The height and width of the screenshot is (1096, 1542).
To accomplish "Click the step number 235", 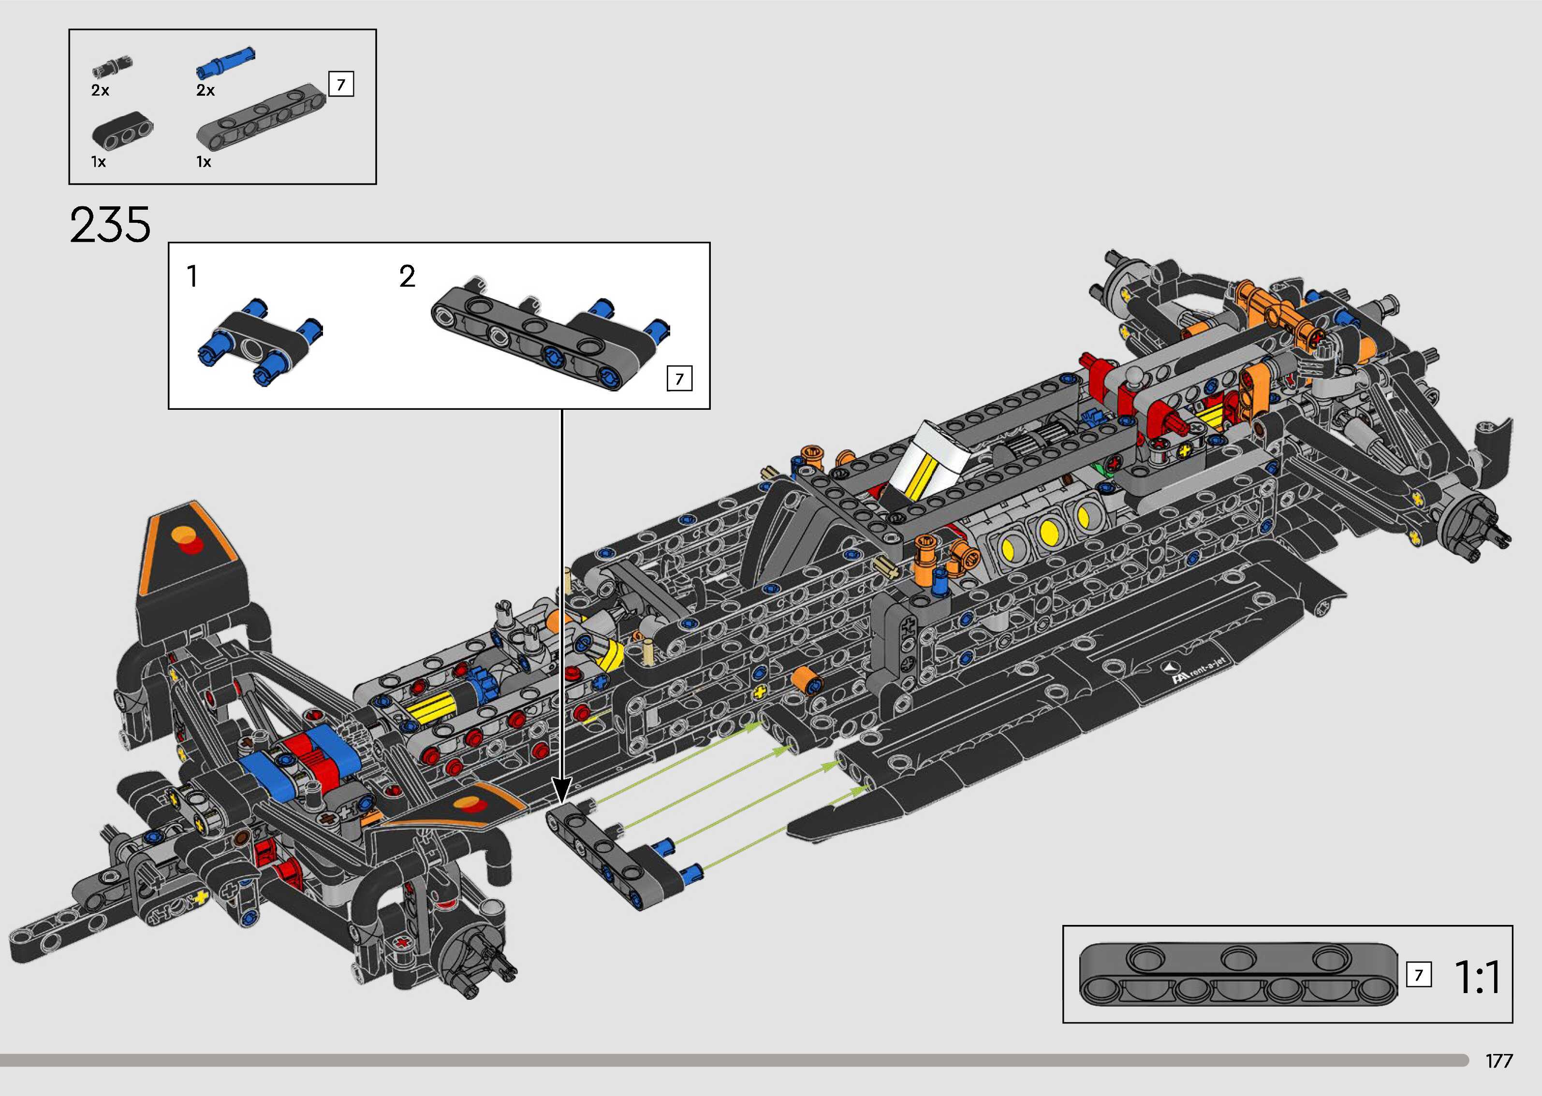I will click(110, 225).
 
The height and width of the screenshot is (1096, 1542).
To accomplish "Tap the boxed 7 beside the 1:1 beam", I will click(1418, 975).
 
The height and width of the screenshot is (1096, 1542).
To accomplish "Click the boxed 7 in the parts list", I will click(341, 85).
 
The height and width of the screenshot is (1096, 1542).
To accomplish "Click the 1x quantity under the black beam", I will click(99, 162).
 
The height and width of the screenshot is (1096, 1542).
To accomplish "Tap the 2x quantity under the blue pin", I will click(205, 90).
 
